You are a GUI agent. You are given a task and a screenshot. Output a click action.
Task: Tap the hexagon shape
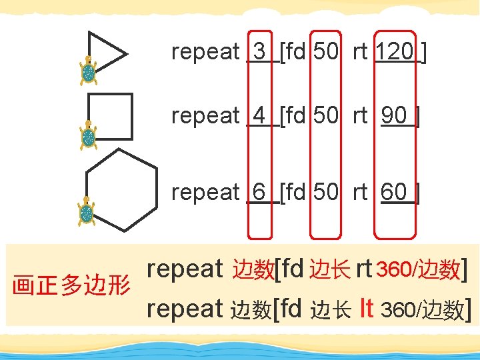click(122, 189)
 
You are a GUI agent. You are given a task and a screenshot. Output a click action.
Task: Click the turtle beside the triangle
click(87, 70)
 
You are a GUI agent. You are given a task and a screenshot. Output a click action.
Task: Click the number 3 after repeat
click(260, 51)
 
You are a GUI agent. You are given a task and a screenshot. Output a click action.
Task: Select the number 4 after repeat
click(260, 116)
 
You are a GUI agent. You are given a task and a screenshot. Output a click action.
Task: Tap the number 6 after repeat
click(260, 192)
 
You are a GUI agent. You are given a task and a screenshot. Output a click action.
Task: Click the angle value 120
click(395, 51)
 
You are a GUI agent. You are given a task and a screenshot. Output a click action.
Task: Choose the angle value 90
click(395, 116)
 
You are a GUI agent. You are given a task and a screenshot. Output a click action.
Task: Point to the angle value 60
click(395, 192)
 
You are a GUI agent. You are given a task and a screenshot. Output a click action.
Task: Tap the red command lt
click(365, 308)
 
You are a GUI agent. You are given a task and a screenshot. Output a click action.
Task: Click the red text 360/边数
click(417, 269)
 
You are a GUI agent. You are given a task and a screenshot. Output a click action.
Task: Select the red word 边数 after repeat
click(253, 269)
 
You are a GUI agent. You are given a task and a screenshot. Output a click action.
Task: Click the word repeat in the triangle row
click(205, 51)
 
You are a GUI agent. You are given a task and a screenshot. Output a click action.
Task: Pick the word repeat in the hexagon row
click(205, 192)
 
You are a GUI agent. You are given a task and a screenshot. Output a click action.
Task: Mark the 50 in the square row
click(325, 116)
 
